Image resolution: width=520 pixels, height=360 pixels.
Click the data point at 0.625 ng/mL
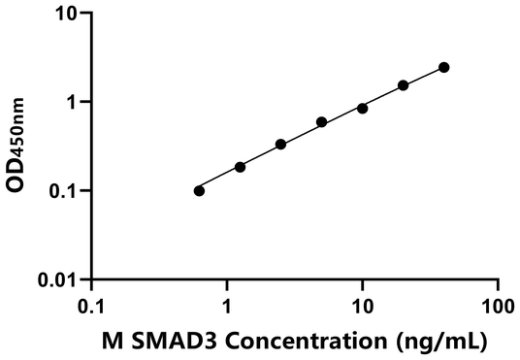coord(199,190)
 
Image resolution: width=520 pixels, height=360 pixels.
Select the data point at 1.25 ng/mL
coord(240,167)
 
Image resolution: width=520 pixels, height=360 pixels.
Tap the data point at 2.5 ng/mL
coord(280,144)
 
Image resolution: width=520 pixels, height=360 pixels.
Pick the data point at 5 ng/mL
coord(321,122)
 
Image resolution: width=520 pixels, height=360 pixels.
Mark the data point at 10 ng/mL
coord(362,108)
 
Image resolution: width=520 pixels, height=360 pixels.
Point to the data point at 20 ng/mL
coord(403,85)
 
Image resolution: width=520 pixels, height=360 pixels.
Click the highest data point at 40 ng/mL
coord(443,67)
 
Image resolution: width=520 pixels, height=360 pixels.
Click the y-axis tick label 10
coord(66,14)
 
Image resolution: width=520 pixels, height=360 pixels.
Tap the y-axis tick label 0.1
coord(63,190)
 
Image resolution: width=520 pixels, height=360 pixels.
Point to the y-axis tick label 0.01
coord(58,279)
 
